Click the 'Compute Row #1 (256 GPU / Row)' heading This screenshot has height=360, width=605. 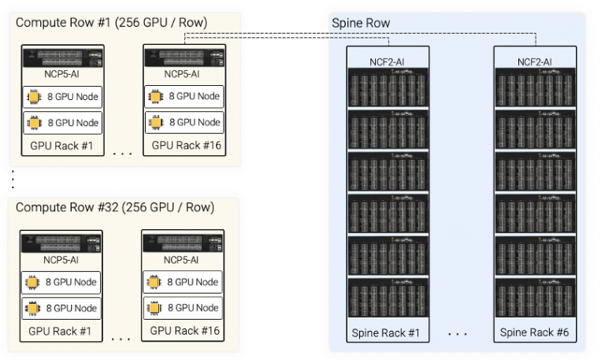click(112, 23)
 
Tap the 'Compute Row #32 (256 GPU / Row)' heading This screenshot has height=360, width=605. click(115, 207)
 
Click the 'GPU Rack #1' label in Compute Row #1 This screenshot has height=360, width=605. click(62, 146)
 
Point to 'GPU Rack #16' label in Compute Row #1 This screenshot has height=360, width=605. click(184, 146)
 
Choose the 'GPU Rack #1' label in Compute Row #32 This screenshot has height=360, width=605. click(61, 331)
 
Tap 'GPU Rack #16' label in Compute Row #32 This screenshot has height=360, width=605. click(183, 331)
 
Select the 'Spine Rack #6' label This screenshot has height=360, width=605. click(534, 332)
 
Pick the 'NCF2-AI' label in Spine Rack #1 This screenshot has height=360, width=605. click(388, 61)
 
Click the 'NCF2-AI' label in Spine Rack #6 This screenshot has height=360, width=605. click(534, 61)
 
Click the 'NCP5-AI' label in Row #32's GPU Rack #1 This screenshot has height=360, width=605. click(61, 260)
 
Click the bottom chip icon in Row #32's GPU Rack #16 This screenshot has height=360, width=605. click(155, 308)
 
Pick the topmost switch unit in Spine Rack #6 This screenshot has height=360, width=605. click(534, 87)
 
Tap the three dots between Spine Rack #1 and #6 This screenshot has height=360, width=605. click(458, 334)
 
